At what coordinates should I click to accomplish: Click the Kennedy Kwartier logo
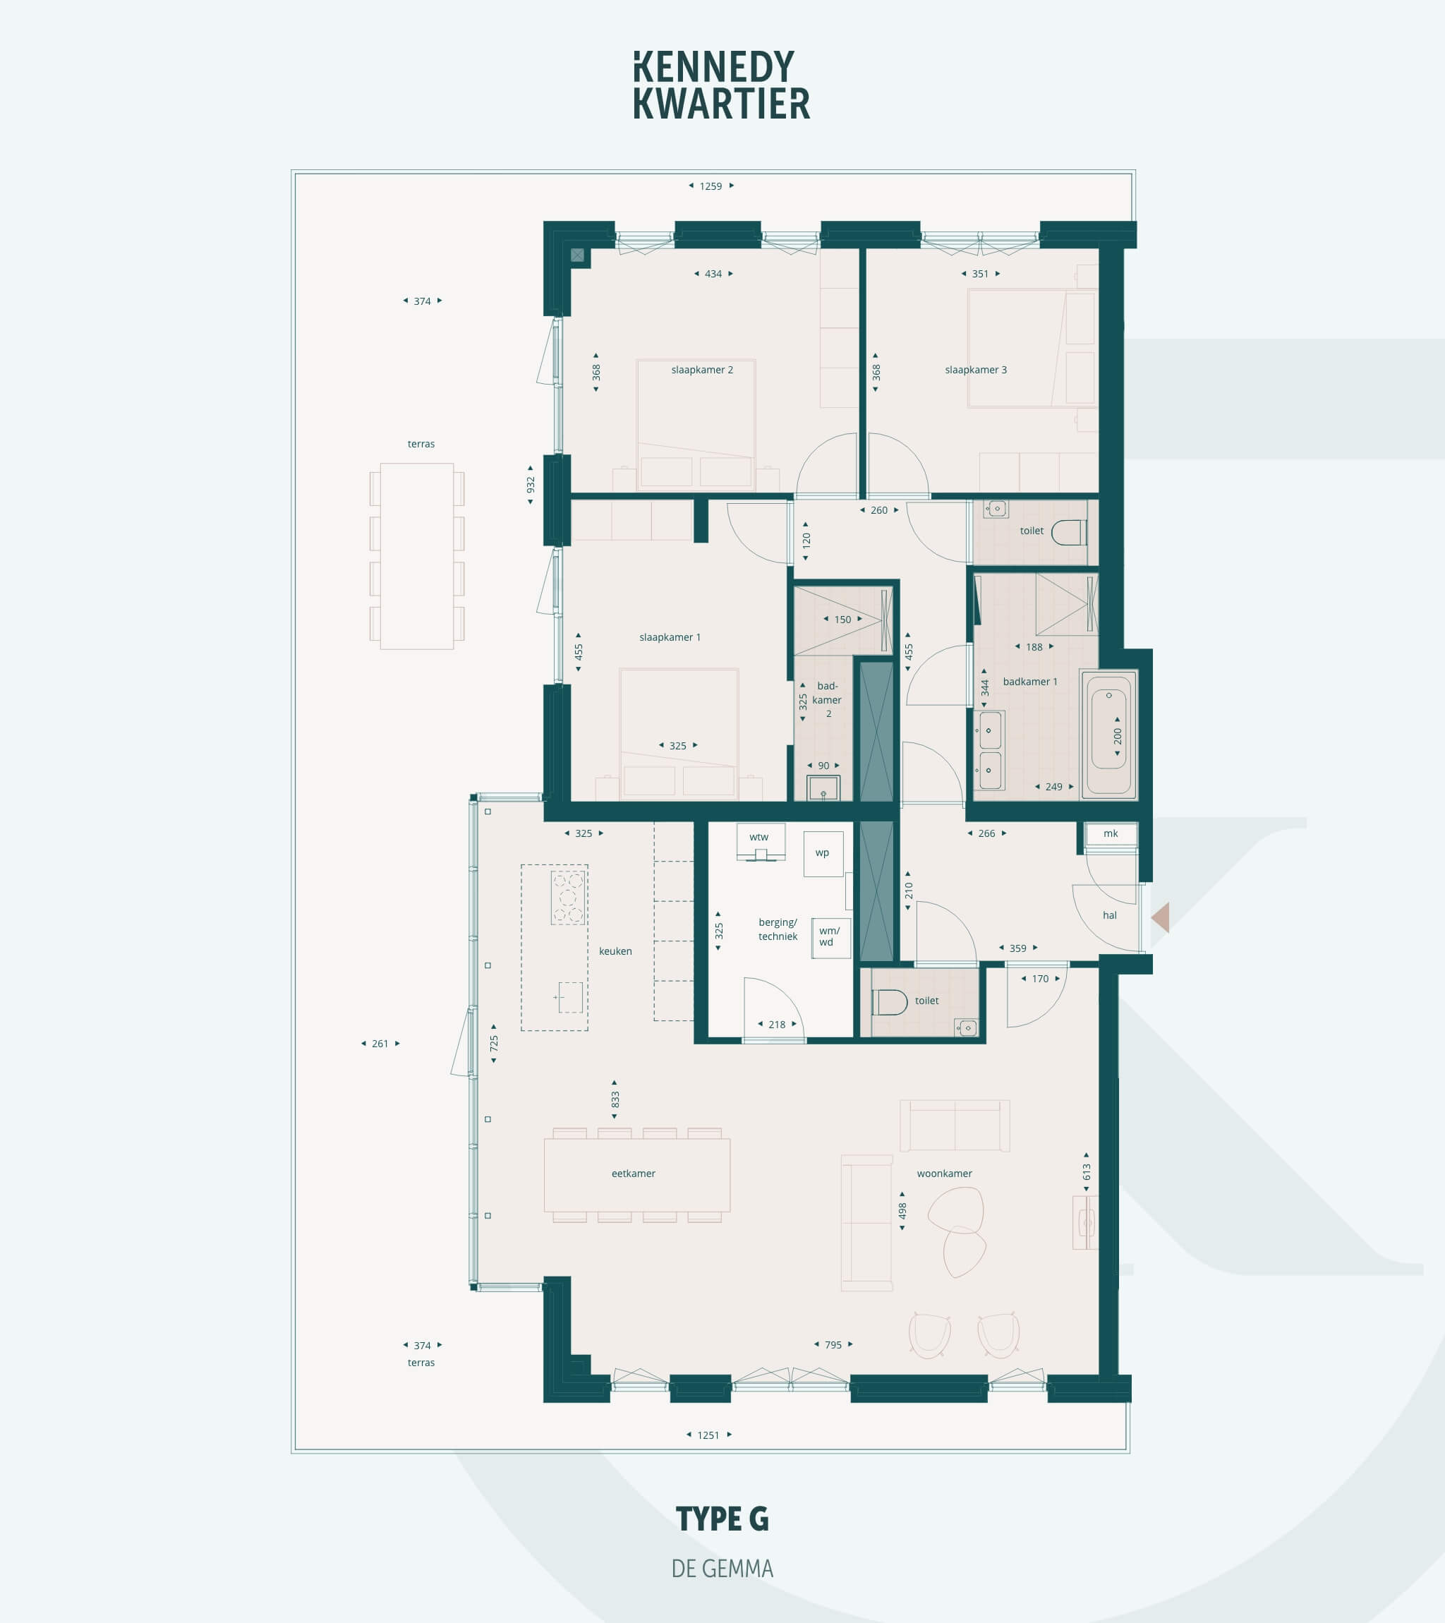coord(722,85)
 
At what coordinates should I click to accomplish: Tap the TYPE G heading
coord(722,1519)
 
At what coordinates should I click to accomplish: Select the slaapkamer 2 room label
coord(702,369)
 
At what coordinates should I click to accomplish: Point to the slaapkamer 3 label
coord(976,369)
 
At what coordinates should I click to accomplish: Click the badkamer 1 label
coord(1029,681)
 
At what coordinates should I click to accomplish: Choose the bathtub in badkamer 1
coord(1108,734)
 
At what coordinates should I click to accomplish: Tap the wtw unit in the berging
coord(761,842)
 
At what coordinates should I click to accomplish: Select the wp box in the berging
coord(823,854)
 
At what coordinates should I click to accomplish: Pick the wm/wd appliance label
coord(829,936)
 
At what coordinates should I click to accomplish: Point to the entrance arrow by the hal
coord(1160,917)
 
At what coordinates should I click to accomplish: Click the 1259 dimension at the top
coord(711,186)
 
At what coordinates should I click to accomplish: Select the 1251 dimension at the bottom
coord(708,1435)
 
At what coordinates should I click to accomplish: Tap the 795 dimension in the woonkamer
coord(833,1344)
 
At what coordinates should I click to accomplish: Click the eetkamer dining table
coord(636,1175)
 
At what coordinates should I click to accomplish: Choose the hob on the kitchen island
coord(569,898)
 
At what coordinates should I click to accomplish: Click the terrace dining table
coord(417,557)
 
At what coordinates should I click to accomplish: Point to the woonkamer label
coord(944,1173)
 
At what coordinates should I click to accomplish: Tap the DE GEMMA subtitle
coord(722,1568)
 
